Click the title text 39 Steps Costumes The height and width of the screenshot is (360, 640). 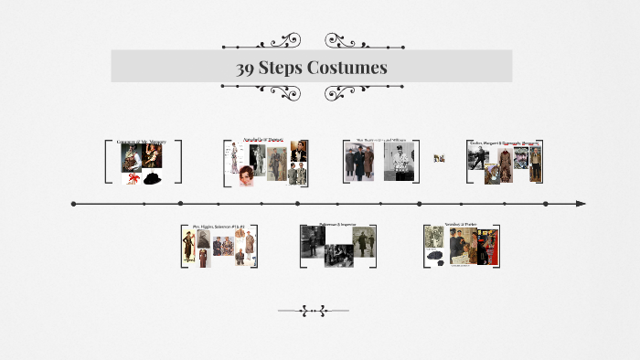pyautogui.click(x=311, y=68)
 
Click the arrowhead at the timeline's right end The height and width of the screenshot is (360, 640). pyautogui.click(x=581, y=204)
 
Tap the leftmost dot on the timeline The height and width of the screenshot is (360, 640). pyautogui.click(x=73, y=204)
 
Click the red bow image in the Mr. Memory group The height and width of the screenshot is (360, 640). pyautogui.click(x=133, y=178)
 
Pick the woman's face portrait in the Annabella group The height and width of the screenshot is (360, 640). pyautogui.click(x=248, y=176)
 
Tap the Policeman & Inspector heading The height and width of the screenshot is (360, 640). pyautogui.click(x=337, y=223)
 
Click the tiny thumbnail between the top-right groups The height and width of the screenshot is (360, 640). pyautogui.click(x=439, y=158)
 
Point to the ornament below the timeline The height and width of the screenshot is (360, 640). pyautogui.click(x=313, y=311)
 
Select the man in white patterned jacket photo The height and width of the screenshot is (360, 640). pyautogui.click(x=400, y=163)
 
